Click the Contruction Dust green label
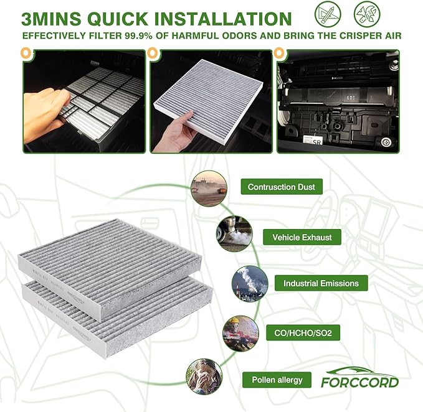point(281,187)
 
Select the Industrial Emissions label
point(321,283)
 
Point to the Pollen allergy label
point(277,380)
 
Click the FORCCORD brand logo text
point(359,382)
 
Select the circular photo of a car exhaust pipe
point(234,234)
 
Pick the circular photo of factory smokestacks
point(249,284)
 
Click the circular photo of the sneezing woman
point(204,376)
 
